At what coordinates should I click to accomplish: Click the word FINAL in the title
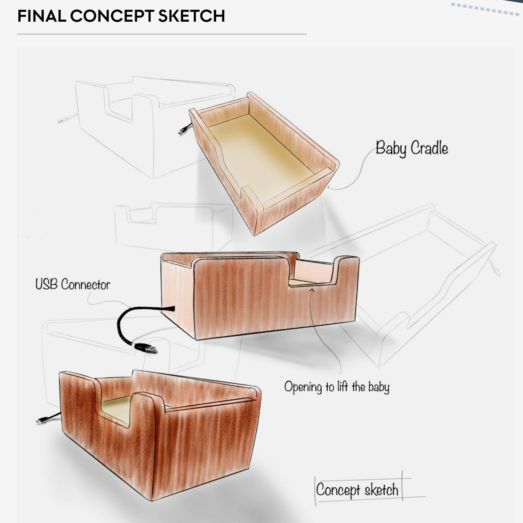tap(42, 16)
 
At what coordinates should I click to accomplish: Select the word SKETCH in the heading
tap(192, 16)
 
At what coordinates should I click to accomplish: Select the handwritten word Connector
tap(86, 285)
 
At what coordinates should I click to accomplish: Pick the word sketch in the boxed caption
tap(381, 490)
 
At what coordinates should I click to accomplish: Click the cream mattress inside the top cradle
tap(261, 157)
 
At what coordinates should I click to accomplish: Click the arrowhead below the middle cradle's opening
tap(312, 291)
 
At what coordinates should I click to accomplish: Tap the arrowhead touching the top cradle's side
tap(329, 187)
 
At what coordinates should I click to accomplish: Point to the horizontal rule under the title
tap(162, 34)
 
